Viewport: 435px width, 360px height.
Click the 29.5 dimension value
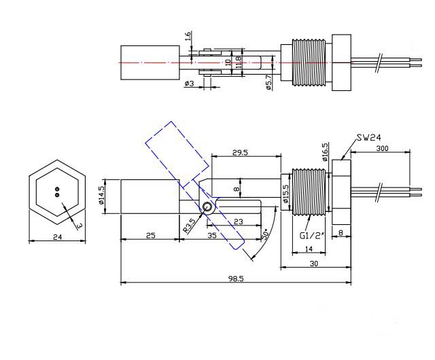pos(239,153)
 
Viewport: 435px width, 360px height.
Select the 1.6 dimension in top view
pos(188,37)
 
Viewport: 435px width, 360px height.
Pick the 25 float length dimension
pos(150,235)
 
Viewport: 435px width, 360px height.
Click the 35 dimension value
pos(213,235)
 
